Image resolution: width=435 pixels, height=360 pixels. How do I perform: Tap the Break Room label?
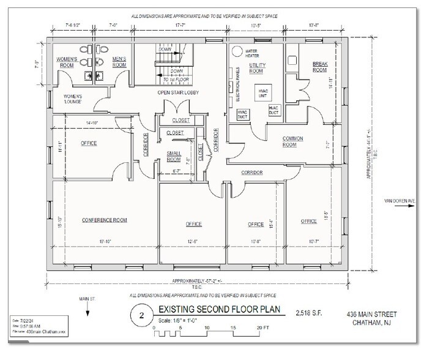[x=320, y=66]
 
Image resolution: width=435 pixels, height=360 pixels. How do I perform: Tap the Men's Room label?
[x=119, y=62]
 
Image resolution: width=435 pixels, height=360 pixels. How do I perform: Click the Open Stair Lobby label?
[x=182, y=92]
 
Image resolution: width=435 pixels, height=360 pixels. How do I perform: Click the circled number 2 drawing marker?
[x=141, y=316]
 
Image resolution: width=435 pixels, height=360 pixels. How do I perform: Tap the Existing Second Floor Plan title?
[x=222, y=310]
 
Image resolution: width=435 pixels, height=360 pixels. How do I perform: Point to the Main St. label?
[x=89, y=299]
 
